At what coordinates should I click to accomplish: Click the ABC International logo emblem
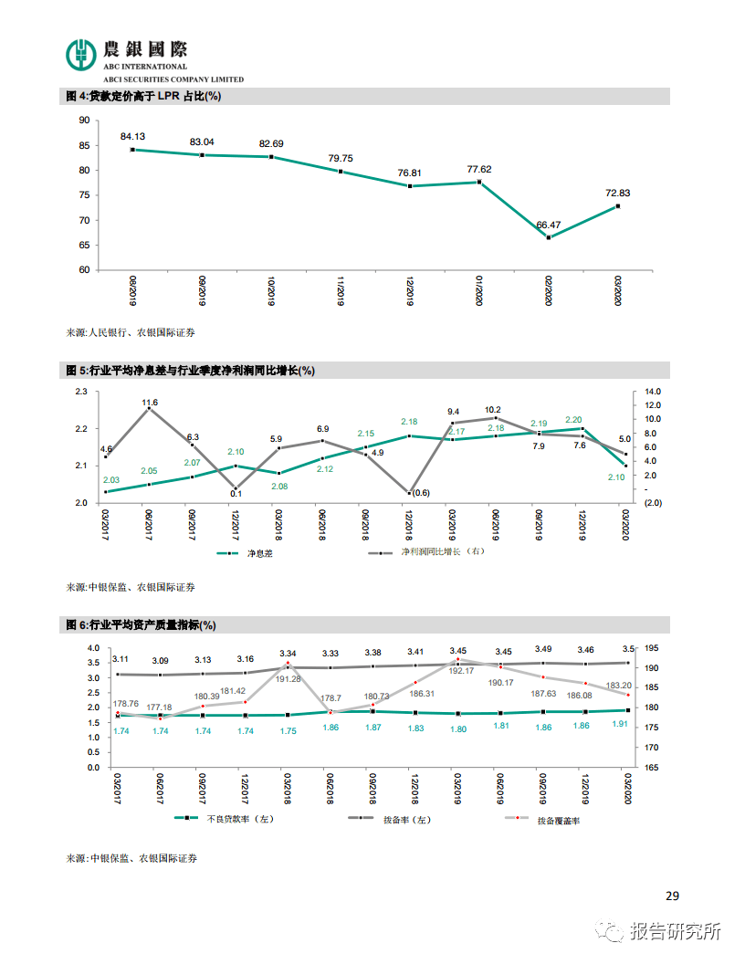click(x=81, y=53)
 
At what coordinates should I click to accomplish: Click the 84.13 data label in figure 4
click(x=132, y=137)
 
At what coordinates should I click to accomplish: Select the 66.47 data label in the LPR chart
click(x=549, y=225)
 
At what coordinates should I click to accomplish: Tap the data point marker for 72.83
click(x=618, y=206)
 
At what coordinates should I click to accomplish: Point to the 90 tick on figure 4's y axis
click(x=84, y=120)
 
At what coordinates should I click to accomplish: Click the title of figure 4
click(x=143, y=96)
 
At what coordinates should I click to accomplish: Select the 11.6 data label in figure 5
click(x=150, y=402)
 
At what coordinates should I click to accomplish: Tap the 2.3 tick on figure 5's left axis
click(x=81, y=392)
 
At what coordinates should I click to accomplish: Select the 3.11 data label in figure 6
click(x=121, y=659)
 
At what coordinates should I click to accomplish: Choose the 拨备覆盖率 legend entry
click(x=558, y=821)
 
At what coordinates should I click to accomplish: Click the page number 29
click(x=673, y=896)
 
